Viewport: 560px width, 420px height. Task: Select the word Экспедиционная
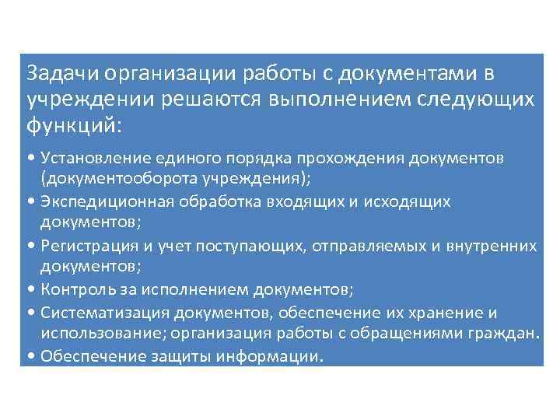click(98, 202)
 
